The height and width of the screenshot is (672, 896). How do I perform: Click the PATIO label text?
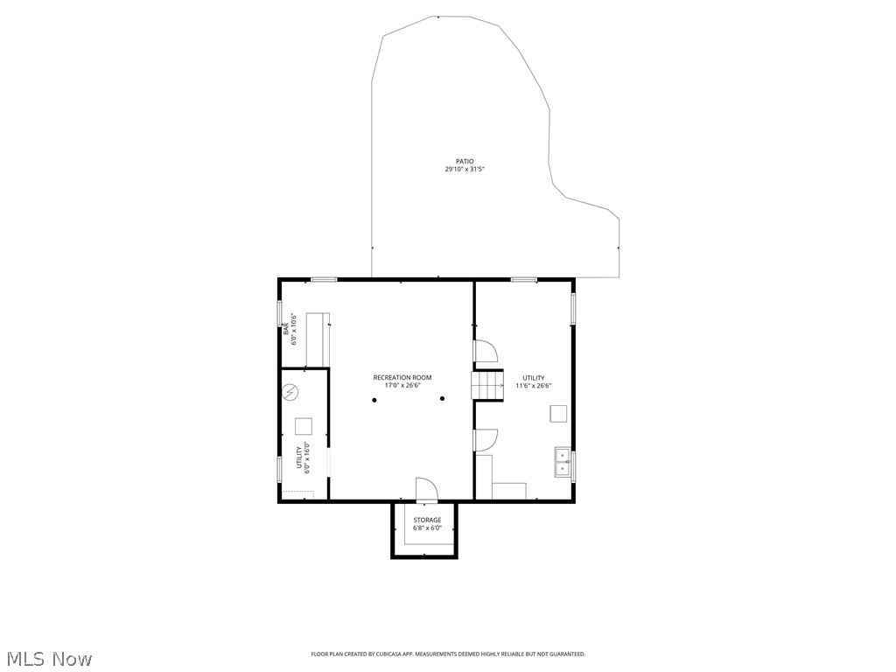coord(464,161)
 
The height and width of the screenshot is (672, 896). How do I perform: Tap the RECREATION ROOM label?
coord(402,378)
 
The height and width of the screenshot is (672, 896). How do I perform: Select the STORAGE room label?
coord(427,521)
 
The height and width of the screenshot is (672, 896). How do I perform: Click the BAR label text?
coord(286,329)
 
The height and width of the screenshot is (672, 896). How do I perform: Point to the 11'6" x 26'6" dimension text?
coord(533,386)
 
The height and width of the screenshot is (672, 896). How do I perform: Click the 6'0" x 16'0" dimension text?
coord(307,457)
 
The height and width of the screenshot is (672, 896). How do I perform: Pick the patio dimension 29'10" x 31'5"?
coord(464,169)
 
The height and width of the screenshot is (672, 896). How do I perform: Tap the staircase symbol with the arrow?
coord(489,385)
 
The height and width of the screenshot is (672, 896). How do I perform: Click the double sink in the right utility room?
coord(562,462)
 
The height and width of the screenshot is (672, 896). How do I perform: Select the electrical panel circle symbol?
coord(291,392)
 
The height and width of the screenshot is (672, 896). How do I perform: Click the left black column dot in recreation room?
coord(374,400)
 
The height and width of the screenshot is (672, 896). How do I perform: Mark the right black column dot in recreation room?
coord(443,399)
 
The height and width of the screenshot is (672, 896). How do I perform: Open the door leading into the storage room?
coord(426,490)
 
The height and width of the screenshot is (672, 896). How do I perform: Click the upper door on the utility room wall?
coord(486,352)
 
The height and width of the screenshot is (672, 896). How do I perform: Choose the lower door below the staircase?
coord(486,440)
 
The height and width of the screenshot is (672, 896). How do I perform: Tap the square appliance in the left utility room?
coord(304,426)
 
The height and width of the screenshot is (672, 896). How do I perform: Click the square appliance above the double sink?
coord(557,413)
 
